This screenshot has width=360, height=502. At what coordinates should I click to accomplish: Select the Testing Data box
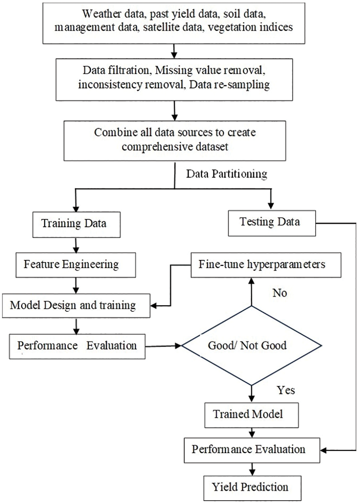[272, 223]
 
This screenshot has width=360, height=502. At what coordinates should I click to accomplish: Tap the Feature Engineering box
[76, 265]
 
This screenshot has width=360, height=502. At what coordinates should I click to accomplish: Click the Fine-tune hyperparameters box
[266, 265]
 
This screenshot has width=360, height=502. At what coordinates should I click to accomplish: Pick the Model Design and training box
[76, 306]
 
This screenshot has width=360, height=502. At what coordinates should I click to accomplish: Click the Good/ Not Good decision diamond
[251, 345]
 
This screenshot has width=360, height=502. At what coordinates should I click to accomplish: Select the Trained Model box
[251, 415]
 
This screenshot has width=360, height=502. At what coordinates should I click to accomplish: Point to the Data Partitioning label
[226, 174]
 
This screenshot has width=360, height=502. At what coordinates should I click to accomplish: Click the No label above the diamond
[280, 293]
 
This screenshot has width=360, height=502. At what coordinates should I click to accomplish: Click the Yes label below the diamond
[286, 390]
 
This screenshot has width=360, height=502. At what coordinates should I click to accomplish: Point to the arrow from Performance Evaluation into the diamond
[164, 346]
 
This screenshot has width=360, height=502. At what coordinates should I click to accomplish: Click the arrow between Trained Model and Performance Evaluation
[252, 433]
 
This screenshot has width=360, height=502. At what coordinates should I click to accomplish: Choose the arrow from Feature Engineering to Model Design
[76, 286]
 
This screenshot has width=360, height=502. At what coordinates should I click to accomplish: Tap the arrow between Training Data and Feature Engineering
[76, 245]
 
